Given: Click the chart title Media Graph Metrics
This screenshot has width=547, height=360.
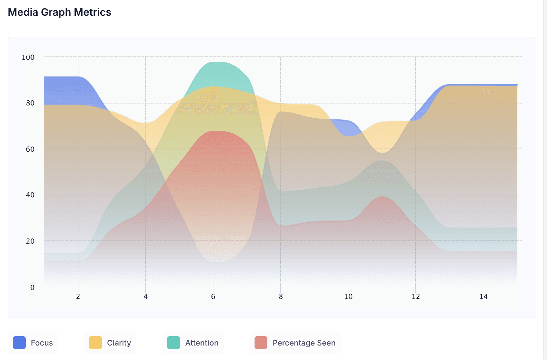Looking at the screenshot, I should (59, 12).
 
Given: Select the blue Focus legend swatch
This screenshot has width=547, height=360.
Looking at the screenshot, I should (19, 343).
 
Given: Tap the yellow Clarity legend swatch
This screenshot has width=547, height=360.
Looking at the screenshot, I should (95, 343).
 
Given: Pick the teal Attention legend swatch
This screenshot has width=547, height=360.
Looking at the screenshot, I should (174, 343).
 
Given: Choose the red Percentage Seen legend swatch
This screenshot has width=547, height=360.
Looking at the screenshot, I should (261, 343).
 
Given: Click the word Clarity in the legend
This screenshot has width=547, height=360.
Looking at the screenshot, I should (119, 343).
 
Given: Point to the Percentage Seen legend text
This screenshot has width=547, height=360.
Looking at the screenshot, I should (304, 343).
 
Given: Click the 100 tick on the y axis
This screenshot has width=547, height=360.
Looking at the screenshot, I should (28, 57).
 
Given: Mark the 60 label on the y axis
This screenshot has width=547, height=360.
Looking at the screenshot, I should (30, 149).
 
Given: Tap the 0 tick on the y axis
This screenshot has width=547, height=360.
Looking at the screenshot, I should (32, 287).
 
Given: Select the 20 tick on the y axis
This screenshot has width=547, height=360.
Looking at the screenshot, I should (30, 241).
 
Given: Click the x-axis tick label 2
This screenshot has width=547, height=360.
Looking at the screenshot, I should (78, 296).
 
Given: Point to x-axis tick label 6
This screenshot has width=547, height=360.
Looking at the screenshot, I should (213, 296).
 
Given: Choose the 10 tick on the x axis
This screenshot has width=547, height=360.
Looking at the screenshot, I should (348, 296).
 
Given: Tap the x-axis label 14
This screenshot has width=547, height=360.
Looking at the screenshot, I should (483, 296).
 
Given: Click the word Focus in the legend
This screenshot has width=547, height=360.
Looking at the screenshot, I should (42, 343).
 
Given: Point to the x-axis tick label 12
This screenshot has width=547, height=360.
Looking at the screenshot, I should (416, 296).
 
